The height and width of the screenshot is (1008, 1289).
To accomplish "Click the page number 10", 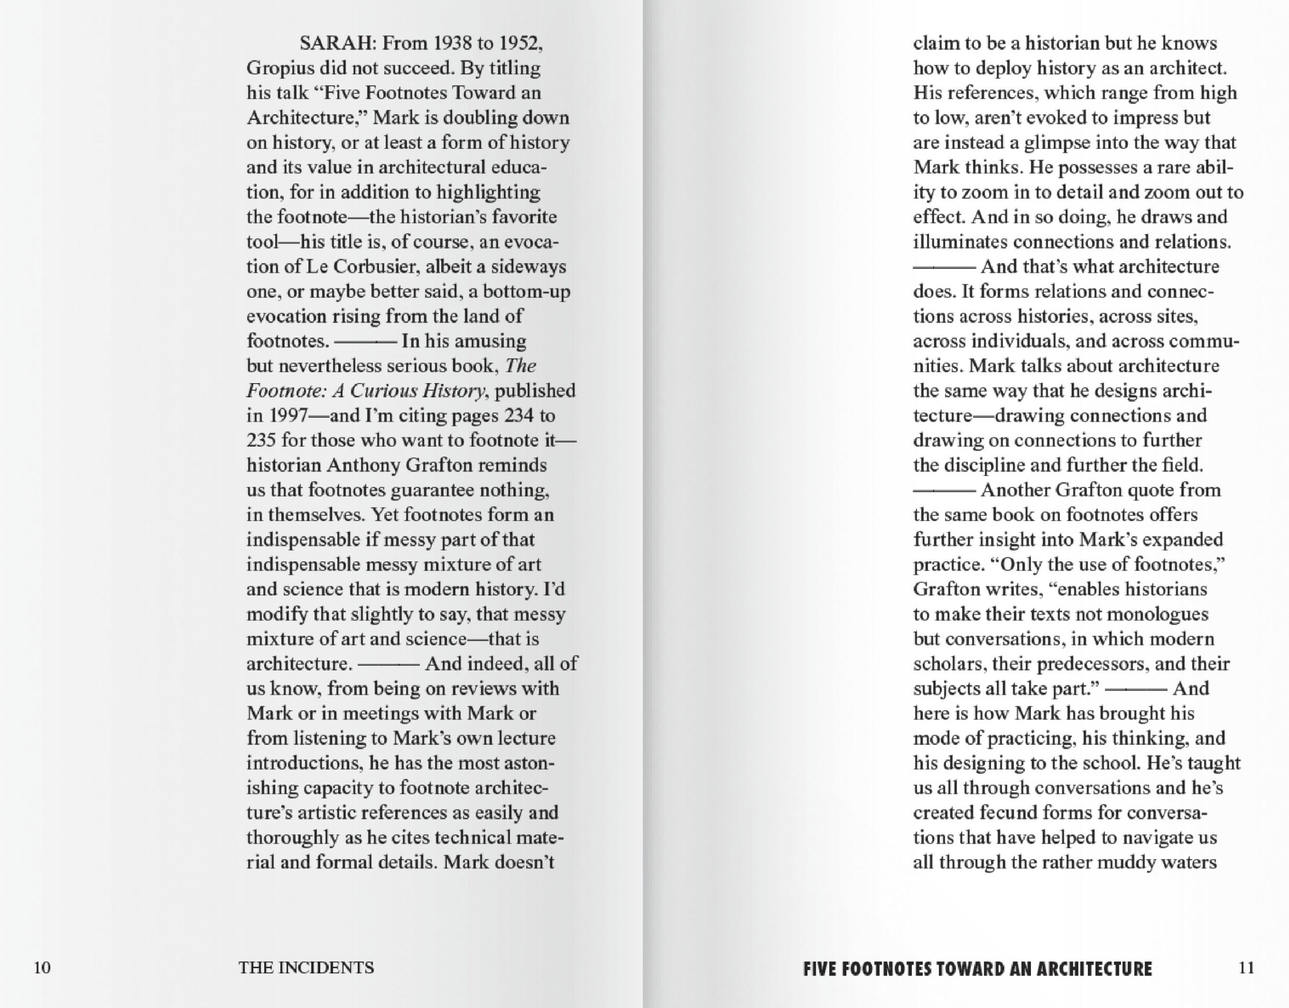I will tap(42, 968).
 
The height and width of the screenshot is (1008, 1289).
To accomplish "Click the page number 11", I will tap(1247, 968).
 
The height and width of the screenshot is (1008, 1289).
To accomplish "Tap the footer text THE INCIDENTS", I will tap(306, 968).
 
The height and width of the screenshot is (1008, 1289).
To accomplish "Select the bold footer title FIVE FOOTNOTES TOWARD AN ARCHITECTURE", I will tap(977, 969).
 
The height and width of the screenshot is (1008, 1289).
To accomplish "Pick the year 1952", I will tap(520, 43).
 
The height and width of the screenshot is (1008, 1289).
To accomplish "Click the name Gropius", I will tap(280, 68).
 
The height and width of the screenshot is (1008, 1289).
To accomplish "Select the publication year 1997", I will tap(288, 416).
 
